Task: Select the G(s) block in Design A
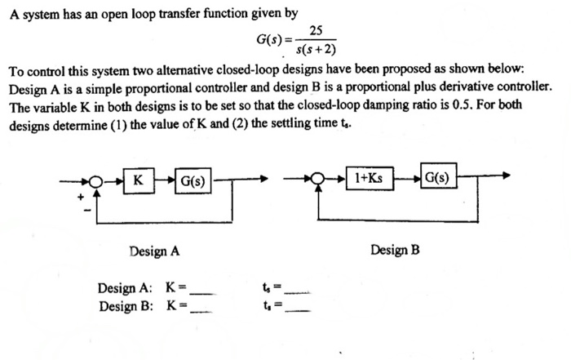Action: coord(193,180)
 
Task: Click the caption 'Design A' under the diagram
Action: coord(153,251)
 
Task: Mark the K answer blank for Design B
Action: coord(203,309)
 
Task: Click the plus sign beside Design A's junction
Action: coord(80,197)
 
